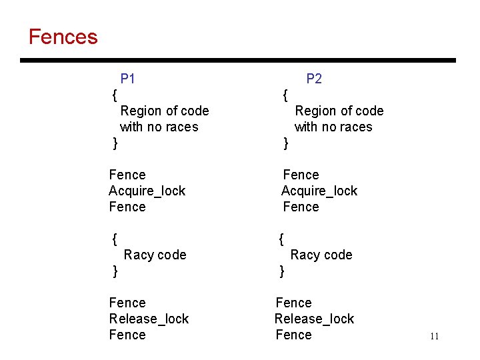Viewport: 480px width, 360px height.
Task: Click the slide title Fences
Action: pos(63,37)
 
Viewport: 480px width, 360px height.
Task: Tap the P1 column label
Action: pos(128,79)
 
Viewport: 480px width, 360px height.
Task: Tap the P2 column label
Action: pos(314,79)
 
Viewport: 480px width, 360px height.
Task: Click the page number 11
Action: pos(434,336)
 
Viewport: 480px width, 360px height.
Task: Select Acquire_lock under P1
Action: pos(147,191)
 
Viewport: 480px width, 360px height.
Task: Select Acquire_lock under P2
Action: pos(319,191)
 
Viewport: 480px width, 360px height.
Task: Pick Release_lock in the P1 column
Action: pos(149,319)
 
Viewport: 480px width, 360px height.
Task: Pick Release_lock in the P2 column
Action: pos(314,319)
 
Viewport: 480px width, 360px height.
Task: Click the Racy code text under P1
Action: pos(155,255)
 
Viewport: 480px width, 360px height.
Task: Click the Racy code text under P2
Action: pos(321,255)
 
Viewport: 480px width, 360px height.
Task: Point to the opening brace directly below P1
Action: pos(115,95)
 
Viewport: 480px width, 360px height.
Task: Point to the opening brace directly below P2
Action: pos(285,95)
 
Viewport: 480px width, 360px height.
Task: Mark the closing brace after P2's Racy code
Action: pos(281,271)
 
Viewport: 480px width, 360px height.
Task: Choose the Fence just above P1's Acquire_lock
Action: pos(127,175)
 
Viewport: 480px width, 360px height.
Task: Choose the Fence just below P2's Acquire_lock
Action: pos(301,207)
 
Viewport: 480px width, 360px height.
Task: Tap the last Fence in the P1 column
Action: pos(127,335)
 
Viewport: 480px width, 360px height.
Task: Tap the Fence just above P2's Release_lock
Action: pos(293,303)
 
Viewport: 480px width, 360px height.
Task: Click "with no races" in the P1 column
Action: pos(159,127)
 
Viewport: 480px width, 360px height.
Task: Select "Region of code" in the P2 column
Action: pos(339,111)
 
